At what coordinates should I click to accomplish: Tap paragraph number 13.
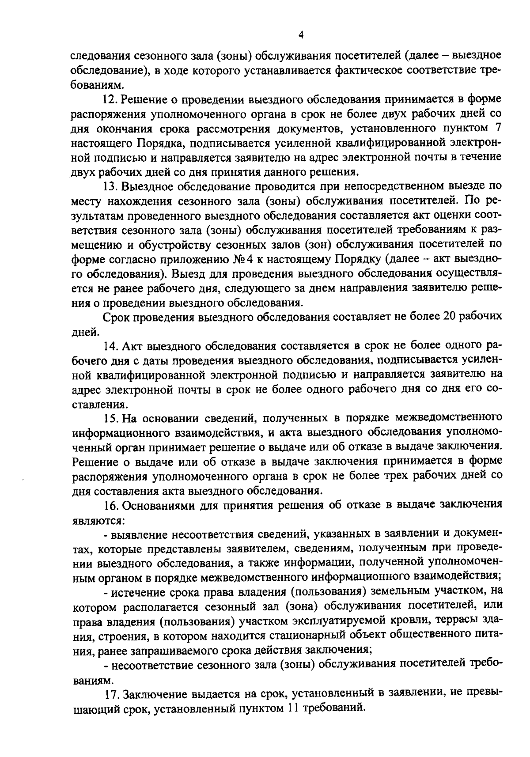point(109,186)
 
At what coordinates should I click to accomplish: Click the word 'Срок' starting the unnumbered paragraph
point(116,317)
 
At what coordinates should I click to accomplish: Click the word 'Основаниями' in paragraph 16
point(155,505)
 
